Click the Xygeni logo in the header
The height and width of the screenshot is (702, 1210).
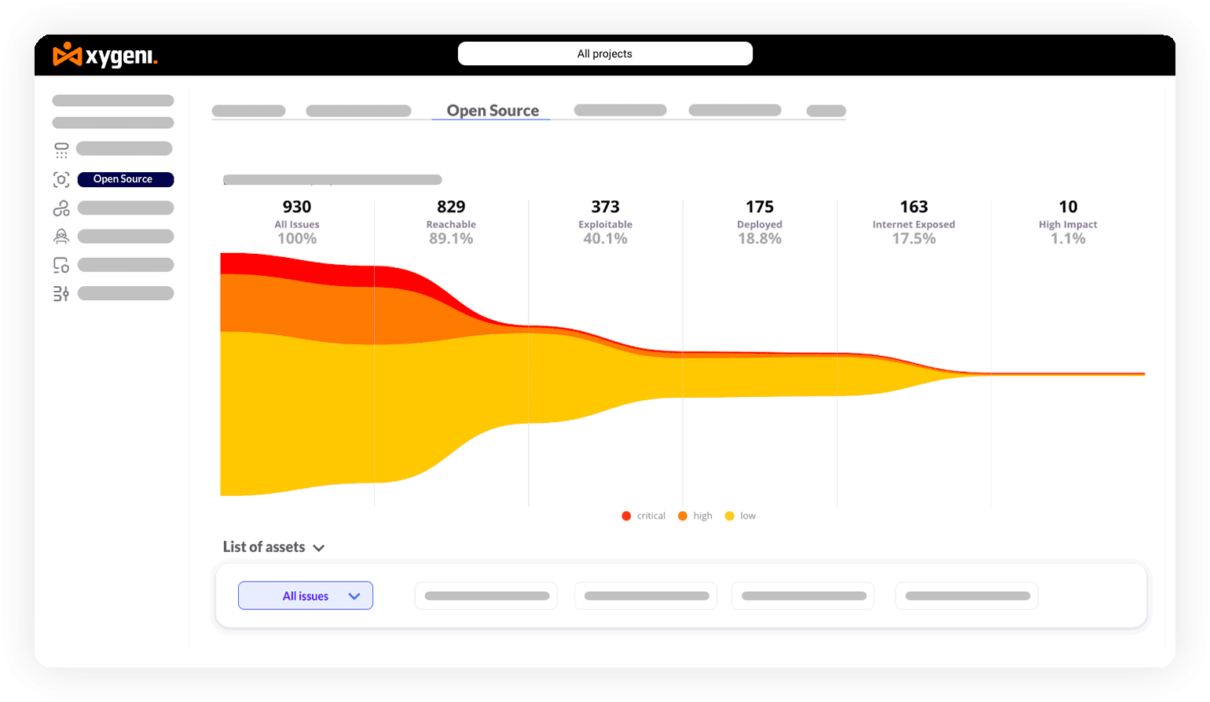105,56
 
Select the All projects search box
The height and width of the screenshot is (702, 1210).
605,53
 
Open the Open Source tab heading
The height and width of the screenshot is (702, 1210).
493,111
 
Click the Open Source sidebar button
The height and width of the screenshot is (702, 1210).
125,179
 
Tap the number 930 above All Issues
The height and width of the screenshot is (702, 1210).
297,207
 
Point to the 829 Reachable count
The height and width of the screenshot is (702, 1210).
451,207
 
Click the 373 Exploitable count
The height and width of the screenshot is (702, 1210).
605,207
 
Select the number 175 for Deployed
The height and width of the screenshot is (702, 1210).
760,207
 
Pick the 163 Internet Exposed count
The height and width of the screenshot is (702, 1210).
914,207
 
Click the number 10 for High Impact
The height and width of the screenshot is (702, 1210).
1068,207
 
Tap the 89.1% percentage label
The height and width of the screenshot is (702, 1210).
451,239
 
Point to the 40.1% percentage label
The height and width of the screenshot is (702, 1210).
605,239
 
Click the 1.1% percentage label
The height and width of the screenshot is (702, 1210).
1068,239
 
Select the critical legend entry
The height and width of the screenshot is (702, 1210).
644,516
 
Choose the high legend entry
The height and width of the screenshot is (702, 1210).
695,516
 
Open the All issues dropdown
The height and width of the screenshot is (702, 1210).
306,596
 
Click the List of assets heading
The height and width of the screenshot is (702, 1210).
264,547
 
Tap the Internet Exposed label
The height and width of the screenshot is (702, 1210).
914,225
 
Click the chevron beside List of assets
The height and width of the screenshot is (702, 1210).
318,548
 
